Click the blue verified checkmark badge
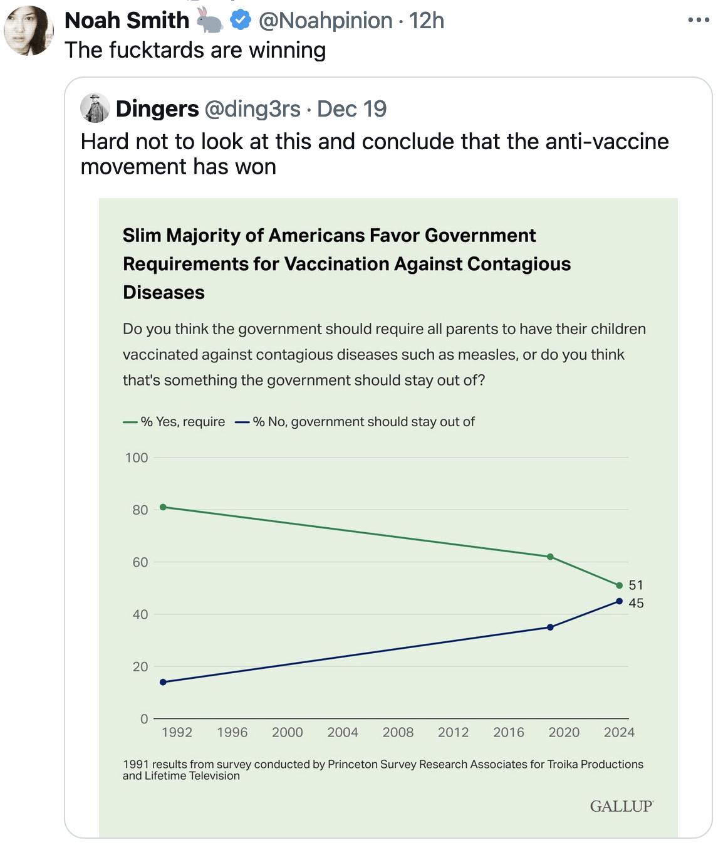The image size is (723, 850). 240,21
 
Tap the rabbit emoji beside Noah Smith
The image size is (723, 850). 210,21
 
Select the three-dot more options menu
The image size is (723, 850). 698,20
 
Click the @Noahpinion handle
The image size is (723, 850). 325,21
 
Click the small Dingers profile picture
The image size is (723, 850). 95,108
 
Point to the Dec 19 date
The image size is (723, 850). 351,109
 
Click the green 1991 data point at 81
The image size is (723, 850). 163,507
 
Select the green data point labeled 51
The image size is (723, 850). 619,585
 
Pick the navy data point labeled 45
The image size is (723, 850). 619,601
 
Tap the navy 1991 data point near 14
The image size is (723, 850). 163,682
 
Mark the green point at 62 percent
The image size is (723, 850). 550,557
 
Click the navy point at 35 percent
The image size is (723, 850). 550,627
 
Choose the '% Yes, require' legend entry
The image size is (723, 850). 175,422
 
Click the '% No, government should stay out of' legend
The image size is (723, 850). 355,422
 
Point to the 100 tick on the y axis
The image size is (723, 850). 137,458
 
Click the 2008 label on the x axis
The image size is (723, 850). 398,732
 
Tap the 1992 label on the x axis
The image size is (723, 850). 177,732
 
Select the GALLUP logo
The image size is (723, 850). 621,806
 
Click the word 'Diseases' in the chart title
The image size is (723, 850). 164,293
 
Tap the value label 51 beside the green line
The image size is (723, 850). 636,585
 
